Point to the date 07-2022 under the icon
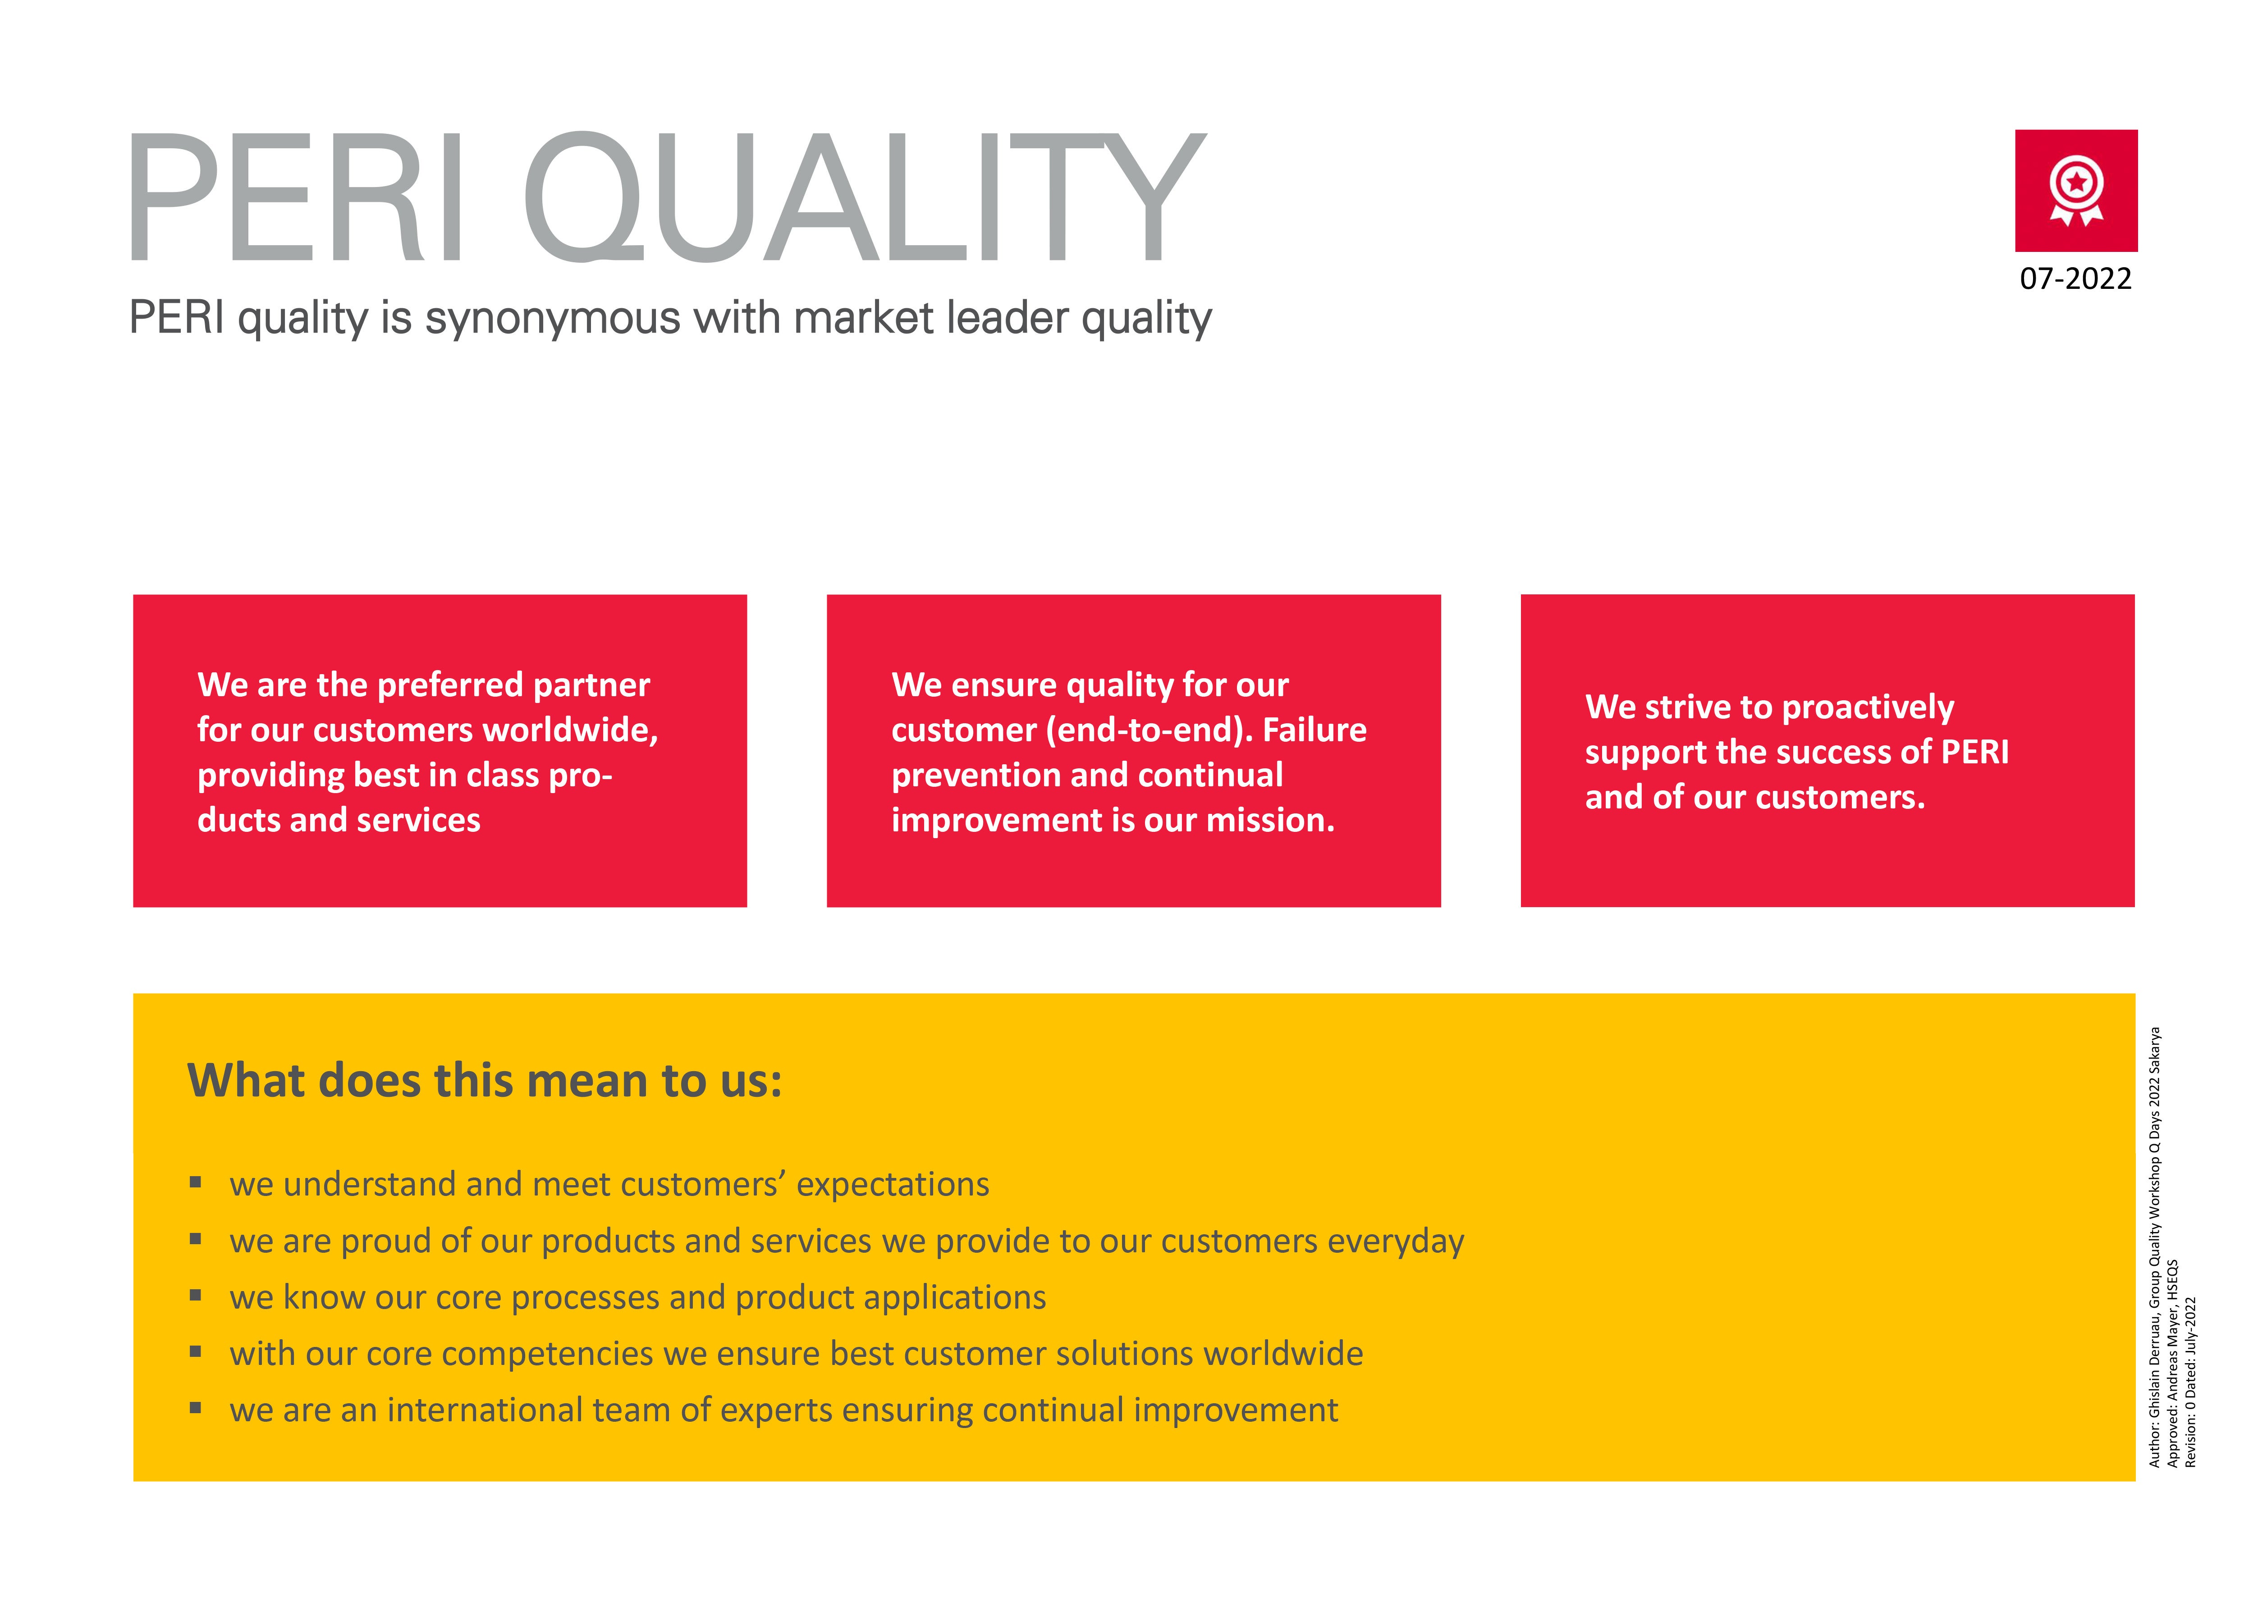click(x=2075, y=279)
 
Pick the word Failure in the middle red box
click(x=1314, y=730)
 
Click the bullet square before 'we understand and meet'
click(x=196, y=1182)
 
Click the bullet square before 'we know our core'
click(x=196, y=1295)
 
